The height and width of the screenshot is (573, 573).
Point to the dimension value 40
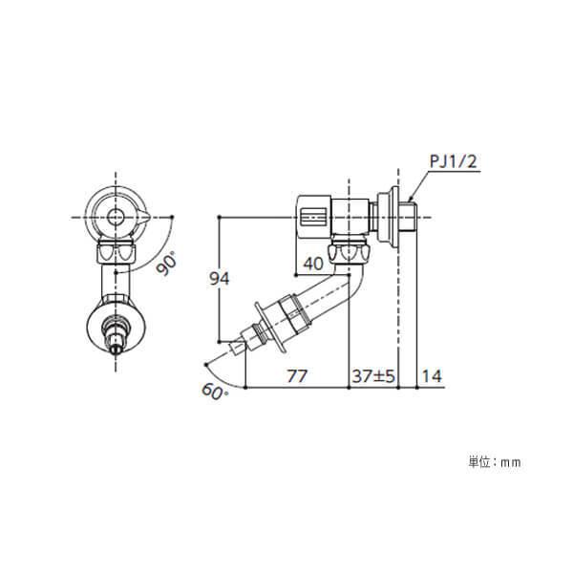click(313, 264)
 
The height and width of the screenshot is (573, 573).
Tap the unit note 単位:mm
click(494, 461)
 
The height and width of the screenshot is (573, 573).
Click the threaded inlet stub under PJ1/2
click(408, 217)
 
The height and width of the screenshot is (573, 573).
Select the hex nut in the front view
click(116, 253)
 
